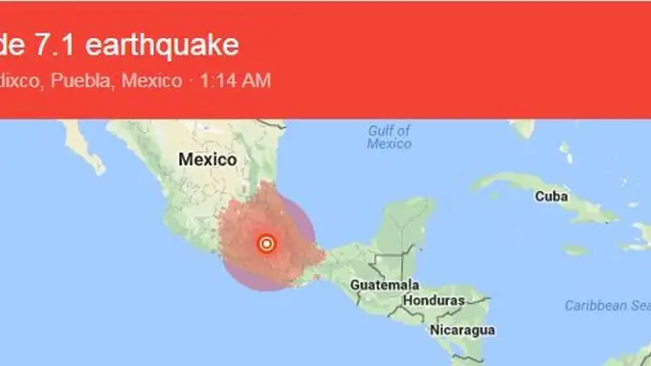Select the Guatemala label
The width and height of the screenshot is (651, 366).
(385, 286)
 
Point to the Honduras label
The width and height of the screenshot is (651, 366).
(434, 300)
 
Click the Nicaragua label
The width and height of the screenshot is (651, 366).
(463, 330)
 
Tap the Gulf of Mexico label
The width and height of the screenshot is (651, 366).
(389, 137)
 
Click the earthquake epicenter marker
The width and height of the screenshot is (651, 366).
(267, 244)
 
